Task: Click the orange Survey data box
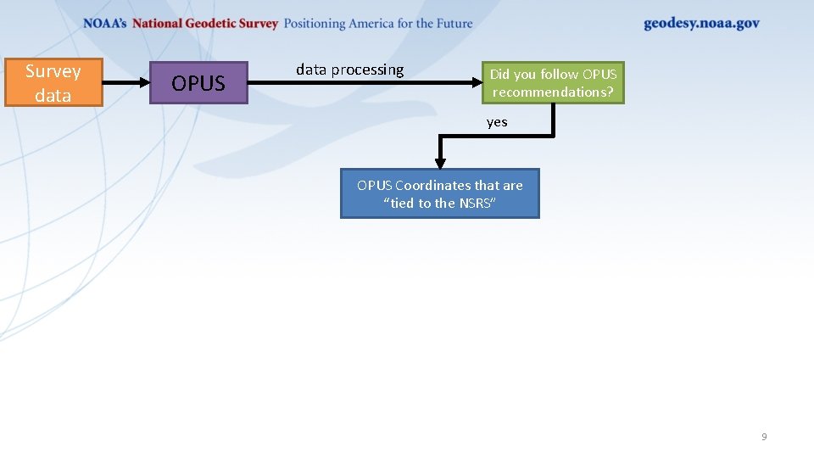53,82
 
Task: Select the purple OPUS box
198,83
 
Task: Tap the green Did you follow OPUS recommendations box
553,83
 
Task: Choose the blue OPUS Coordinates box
439,194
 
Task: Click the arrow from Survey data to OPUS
125,83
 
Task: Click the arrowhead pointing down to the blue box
440,162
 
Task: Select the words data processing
349,70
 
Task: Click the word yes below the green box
497,122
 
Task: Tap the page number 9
764,437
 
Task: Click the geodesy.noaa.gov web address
701,24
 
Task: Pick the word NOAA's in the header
105,24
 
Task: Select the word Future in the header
453,24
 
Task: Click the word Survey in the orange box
53,71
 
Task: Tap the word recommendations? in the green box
553,92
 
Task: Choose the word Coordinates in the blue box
433,185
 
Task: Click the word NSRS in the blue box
476,204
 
